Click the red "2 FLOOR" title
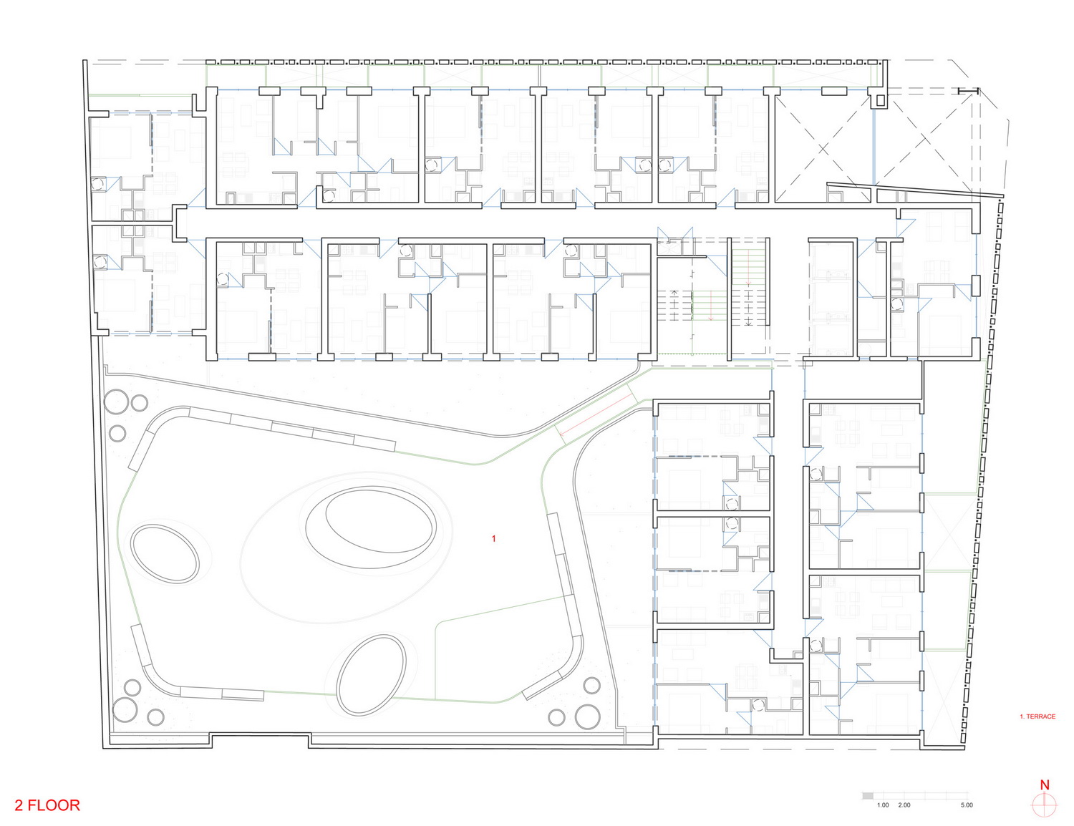pyautogui.click(x=47, y=805)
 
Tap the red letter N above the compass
pyautogui.click(x=1044, y=784)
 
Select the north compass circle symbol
pyautogui.click(x=1044, y=805)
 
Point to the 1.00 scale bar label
pyautogui.click(x=883, y=805)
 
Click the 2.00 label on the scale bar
pyautogui.click(x=904, y=805)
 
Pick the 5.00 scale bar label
pyautogui.click(x=967, y=805)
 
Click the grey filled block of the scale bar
pyautogui.click(x=867, y=795)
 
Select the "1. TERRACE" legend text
pyautogui.click(x=1037, y=716)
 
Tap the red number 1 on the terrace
pyautogui.click(x=493, y=538)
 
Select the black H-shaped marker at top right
pyautogui.click(x=968, y=91)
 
